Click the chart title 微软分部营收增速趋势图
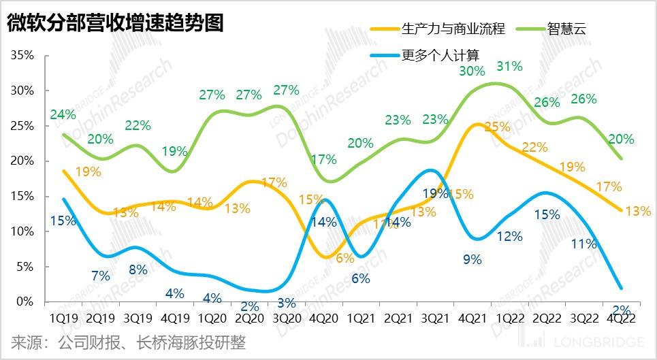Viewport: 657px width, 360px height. [x=116, y=24]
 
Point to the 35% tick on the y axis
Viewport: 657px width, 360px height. [x=22, y=55]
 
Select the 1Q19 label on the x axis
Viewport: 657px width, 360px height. [x=63, y=317]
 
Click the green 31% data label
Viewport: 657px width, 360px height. [x=509, y=66]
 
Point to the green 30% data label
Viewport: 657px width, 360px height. [x=472, y=70]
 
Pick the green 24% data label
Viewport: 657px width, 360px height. [x=63, y=114]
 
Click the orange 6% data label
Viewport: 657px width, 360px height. [x=345, y=258]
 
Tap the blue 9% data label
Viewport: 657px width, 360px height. [x=472, y=259]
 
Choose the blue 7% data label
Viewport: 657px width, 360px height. [x=100, y=276]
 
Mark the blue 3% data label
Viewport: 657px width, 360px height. [x=286, y=302]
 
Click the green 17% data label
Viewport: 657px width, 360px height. [x=324, y=160]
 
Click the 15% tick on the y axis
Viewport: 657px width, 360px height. [x=22, y=196]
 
